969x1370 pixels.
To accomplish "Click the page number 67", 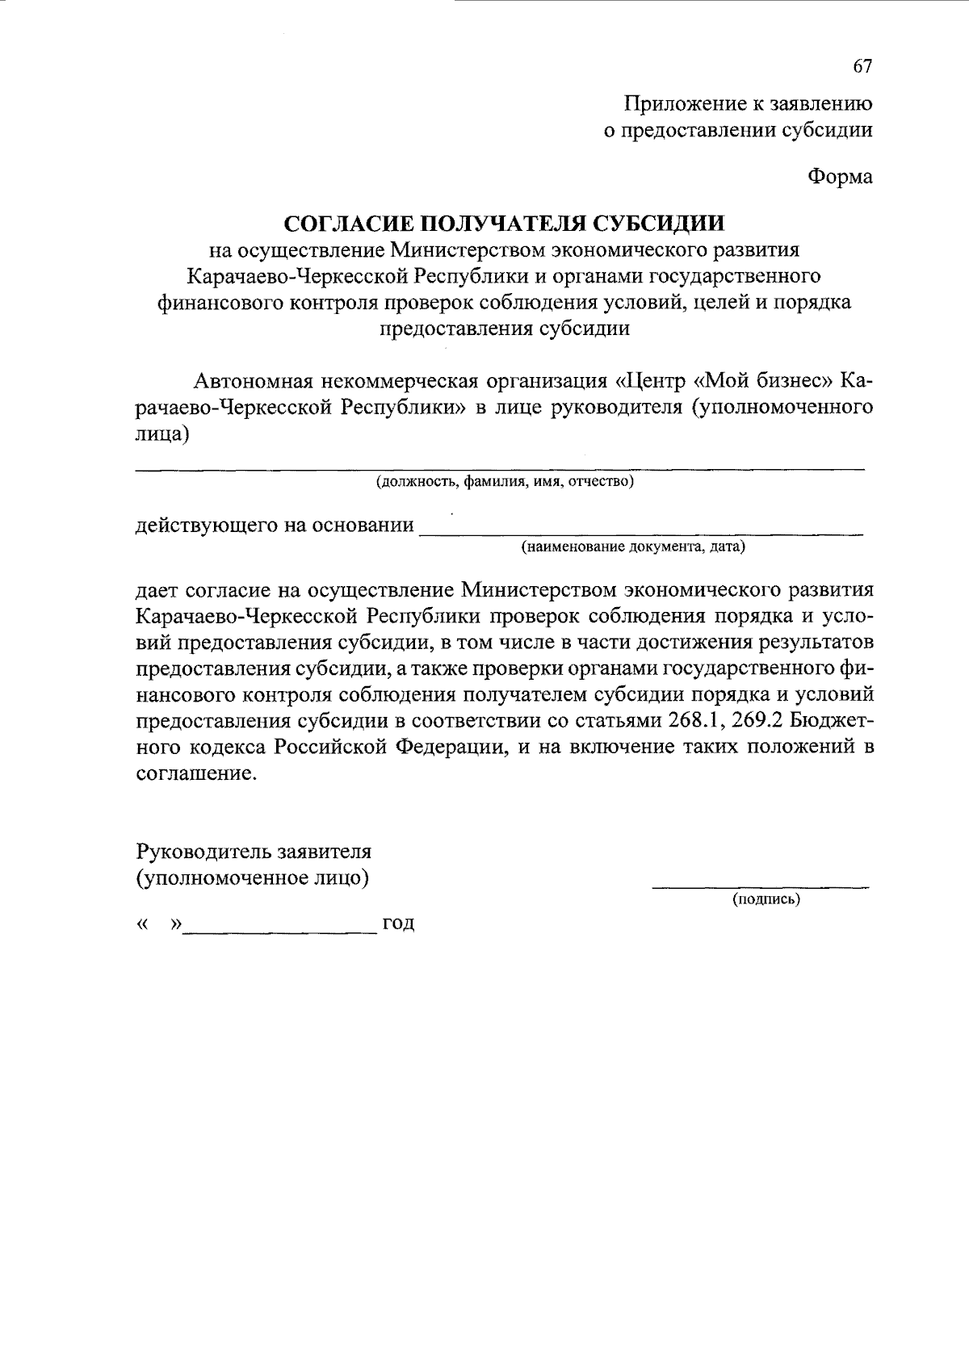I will click(862, 68).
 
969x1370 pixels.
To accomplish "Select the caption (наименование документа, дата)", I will click(633, 547).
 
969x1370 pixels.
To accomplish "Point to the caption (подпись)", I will click(766, 899).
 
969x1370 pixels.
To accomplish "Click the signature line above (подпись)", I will click(761, 887).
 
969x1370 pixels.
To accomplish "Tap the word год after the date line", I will click(398, 924).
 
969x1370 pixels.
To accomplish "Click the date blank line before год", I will click(280, 932).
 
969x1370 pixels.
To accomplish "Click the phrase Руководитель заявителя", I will click(254, 852).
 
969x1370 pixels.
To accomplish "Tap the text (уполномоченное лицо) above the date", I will click(253, 878).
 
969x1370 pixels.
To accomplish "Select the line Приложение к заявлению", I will click(749, 104).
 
